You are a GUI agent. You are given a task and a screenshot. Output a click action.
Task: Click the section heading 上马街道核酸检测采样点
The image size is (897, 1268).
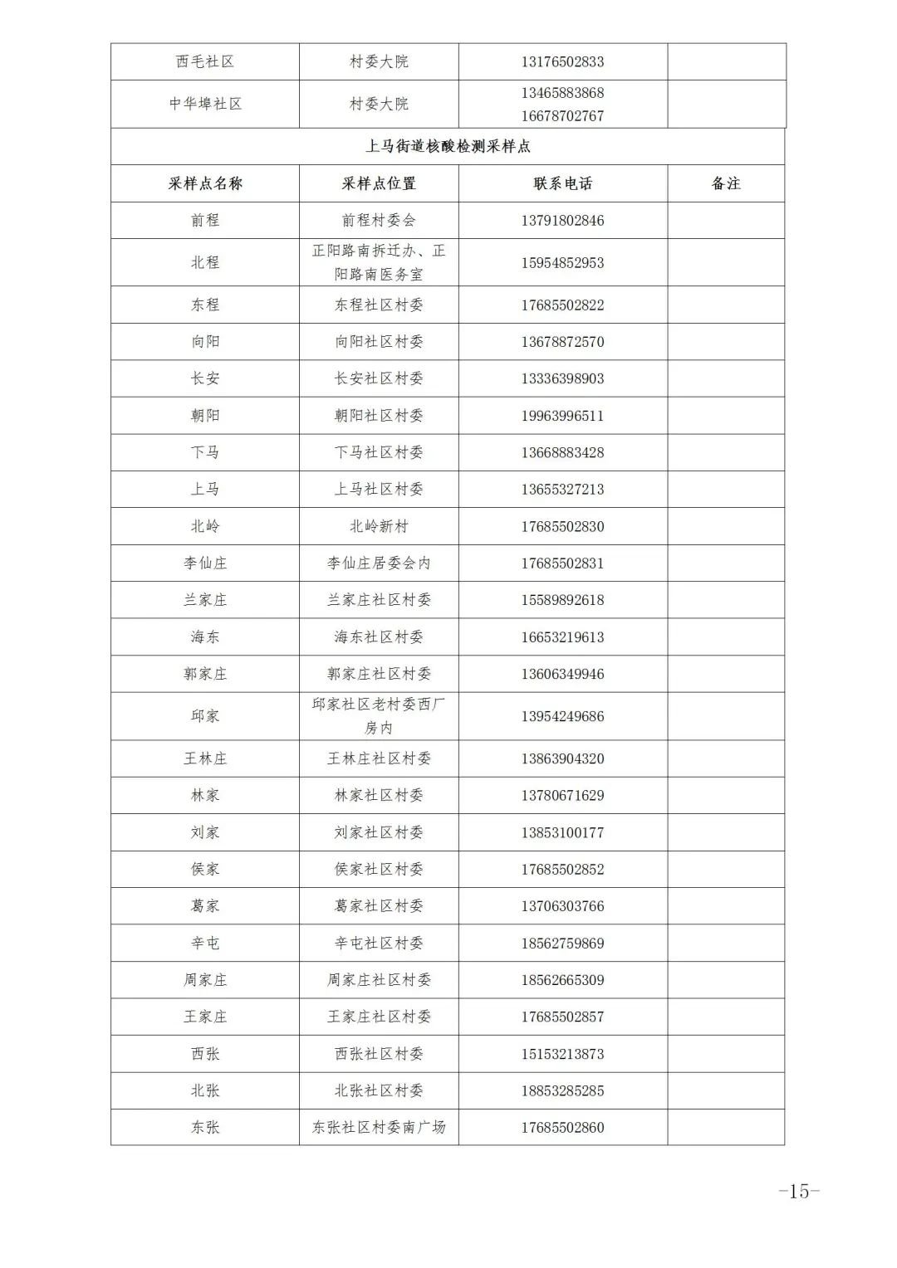pyautogui.click(x=448, y=146)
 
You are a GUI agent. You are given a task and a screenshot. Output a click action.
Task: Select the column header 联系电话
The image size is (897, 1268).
pyautogui.click(x=562, y=183)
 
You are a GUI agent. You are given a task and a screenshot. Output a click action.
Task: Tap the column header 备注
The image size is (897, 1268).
pyautogui.click(x=725, y=183)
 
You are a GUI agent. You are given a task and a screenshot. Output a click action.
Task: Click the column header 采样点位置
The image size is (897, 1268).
pyautogui.click(x=379, y=183)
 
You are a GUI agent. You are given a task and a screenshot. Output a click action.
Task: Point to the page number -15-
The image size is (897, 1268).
pyautogui.click(x=798, y=1191)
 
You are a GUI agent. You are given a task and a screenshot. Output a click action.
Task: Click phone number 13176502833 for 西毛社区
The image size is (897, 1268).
pyautogui.click(x=562, y=61)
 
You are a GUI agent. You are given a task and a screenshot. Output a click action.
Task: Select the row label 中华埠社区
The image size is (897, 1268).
pyautogui.click(x=205, y=104)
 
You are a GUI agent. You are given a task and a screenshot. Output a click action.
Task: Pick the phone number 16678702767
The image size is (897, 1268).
pyautogui.click(x=562, y=115)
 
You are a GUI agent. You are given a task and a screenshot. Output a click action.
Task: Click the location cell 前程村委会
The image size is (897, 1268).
pyautogui.click(x=379, y=220)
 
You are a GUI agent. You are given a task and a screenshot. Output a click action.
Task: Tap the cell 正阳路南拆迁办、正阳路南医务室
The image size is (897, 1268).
pyautogui.click(x=379, y=262)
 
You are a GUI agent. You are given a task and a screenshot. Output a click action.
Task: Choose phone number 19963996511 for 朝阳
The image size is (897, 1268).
pyautogui.click(x=562, y=415)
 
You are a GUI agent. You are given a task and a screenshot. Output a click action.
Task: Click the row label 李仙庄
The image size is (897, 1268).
pyautogui.click(x=205, y=563)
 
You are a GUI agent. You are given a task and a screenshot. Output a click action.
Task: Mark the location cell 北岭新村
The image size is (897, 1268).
pyautogui.click(x=379, y=526)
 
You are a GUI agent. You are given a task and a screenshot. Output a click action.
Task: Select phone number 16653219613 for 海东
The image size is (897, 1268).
pyautogui.click(x=562, y=636)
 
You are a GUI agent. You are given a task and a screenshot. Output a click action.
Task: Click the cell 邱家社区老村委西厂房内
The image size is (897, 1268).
pyautogui.click(x=379, y=715)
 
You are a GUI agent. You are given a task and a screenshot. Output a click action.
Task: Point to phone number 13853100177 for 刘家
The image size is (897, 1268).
pyautogui.click(x=562, y=832)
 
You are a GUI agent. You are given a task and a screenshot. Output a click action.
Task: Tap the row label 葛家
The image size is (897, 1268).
pyautogui.click(x=205, y=905)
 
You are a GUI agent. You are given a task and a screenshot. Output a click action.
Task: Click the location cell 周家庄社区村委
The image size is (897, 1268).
pyautogui.click(x=379, y=979)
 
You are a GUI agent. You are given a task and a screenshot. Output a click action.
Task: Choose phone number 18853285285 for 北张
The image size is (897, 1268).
pyautogui.click(x=562, y=1090)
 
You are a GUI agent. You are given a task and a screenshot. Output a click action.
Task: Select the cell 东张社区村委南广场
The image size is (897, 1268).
pyautogui.click(x=379, y=1127)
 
